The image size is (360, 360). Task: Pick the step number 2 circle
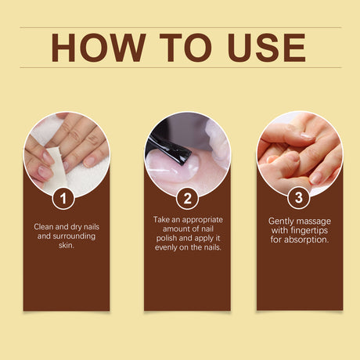pos(187,199)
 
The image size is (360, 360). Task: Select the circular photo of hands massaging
pos(300,153)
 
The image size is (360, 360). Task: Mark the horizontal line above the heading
pos(180,27)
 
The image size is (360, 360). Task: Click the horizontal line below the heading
pos(180,67)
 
